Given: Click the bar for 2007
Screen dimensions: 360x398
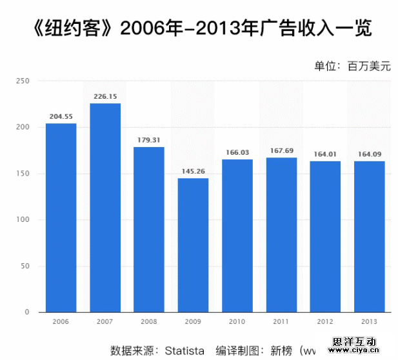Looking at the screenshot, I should (105, 208).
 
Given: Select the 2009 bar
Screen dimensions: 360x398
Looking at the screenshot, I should (193, 245).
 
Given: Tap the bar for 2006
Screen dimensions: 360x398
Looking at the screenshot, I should (61, 217).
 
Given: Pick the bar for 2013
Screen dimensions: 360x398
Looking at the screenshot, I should (369, 236).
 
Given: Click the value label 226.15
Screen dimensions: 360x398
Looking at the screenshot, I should (105, 96).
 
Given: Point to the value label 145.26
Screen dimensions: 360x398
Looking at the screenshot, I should (193, 171).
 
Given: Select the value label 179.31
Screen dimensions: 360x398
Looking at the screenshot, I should (149, 139).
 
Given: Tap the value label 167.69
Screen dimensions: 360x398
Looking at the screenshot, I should (281, 150).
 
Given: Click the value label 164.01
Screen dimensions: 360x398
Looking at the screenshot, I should (325, 154).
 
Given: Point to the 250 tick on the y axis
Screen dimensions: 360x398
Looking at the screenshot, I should (23, 81).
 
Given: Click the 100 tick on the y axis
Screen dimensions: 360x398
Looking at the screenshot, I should (23, 220).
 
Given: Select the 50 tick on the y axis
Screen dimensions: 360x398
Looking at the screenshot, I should (25, 266).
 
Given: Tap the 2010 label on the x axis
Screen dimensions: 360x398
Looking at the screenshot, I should (237, 321).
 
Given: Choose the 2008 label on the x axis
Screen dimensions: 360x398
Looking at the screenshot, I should (149, 321).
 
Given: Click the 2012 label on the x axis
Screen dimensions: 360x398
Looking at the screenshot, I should (325, 321).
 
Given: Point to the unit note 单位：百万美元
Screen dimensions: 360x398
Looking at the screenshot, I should (353, 66).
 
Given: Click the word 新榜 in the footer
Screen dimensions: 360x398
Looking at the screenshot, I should (281, 351).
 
